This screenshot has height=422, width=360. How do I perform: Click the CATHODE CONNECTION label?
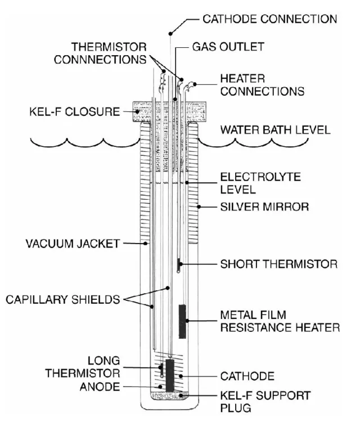pyautogui.click(x=269, y=19)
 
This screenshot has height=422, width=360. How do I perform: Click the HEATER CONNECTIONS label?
pyautogui.click(x=262, y=84)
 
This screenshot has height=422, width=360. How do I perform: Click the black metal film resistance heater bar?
pyautogui.click(x=182, y=321)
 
